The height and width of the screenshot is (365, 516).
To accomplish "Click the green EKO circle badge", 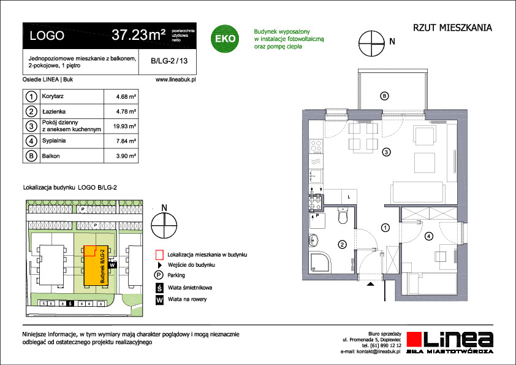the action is (225, 39).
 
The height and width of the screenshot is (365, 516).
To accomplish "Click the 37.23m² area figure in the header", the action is (138, 34).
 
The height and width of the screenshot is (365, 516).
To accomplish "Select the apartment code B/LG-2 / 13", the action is (169, 61).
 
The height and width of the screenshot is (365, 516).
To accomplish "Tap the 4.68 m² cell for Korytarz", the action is (126, 96).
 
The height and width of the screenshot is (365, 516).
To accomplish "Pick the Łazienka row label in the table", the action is (54, 112).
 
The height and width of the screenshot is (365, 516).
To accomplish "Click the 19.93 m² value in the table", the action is (125, 126).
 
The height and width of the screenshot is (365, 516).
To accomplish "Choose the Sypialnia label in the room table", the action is (54, 140).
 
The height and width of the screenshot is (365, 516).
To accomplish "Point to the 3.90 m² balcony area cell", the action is (126, 156).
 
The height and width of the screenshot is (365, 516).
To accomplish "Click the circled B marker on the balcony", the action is (384, 96).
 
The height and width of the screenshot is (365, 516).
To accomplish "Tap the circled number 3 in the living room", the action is (386, 152).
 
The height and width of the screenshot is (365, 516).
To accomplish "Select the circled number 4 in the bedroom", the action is (428, 236).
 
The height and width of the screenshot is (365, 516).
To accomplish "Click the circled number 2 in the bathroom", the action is (342, 244).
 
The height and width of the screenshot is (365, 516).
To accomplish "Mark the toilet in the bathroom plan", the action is (342, 215).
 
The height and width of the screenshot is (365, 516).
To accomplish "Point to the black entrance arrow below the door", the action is (371, 283).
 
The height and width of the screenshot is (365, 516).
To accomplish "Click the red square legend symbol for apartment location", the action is (159, 255).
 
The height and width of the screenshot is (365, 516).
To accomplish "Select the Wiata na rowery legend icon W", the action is (159, 300).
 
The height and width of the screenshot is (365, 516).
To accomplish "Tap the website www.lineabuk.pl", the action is (176, 79).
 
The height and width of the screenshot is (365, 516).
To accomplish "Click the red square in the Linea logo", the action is (414, 339).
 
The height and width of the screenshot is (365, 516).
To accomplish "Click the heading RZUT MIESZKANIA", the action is (452, 28).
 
